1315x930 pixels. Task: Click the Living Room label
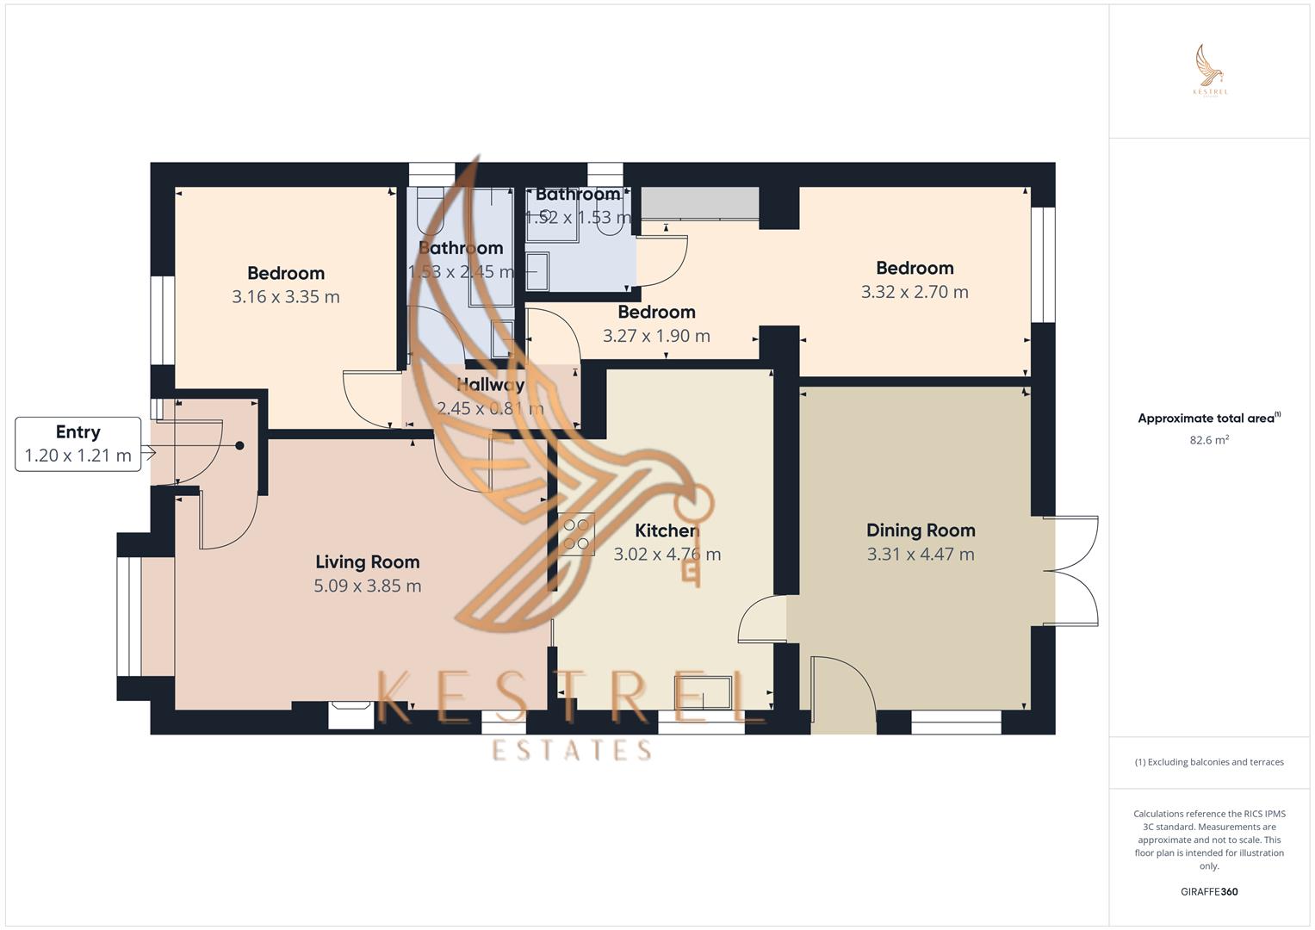pos(367,562)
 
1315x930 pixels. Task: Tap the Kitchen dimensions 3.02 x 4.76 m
pos(667,555)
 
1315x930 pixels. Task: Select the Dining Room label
pos(921,530)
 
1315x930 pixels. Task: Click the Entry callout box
pos(78,444)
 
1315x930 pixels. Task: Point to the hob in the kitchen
pos(576,534)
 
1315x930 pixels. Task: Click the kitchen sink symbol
pos(703,693)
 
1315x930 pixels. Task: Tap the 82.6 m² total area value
pos(1209,440)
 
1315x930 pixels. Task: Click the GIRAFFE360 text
pos(1209,892)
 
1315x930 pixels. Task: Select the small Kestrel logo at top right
pos(1210,71)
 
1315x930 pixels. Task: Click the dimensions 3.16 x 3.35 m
pos(285,297)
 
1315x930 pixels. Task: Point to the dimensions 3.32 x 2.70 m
pos(915,292)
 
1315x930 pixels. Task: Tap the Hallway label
pos(490,385)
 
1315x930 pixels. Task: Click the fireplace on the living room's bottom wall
pos(350,715)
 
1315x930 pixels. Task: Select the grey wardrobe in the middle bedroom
pos(699,203)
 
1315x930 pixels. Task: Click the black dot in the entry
pos(239,446)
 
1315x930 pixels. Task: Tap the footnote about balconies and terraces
pos(1209,762)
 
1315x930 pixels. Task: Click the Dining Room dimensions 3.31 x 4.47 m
pos(921,555)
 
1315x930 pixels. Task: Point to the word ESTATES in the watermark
pos(572,750)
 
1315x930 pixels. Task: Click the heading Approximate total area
pos(1207,418)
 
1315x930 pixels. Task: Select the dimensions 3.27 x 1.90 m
pos(656,336)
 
